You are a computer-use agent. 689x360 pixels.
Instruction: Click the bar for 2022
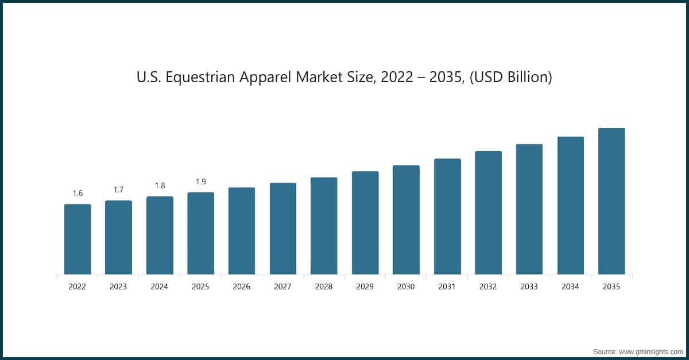[x=78, y=239]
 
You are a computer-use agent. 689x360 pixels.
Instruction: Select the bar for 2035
[x=611, y=201]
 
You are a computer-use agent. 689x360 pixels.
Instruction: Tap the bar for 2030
[x=406, y=220]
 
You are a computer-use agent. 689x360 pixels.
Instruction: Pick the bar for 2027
[x=283, y=229]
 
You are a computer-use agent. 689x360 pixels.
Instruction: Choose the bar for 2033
[x=529, y=209]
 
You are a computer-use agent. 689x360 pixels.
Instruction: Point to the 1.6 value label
[x=78, y=193]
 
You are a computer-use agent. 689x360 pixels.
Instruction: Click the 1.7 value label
[x=118, y=189]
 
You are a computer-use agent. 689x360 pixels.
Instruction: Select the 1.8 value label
[x=160, y=185]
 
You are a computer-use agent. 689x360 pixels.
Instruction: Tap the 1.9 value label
[x=200, y=181]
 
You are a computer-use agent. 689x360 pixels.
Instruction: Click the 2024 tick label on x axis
[x=160, y=287]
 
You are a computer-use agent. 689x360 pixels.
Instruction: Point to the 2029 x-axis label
[x=365, y=287]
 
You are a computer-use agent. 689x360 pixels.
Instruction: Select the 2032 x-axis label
[x=488, y=287]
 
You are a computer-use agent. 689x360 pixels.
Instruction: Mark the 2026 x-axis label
[x=242, y=287]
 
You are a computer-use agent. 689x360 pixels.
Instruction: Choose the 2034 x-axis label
[x=570, y=287]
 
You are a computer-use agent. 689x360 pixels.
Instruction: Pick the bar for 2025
[x=200, y=233]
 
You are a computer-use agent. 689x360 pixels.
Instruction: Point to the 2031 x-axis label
[x=447, y=287]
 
